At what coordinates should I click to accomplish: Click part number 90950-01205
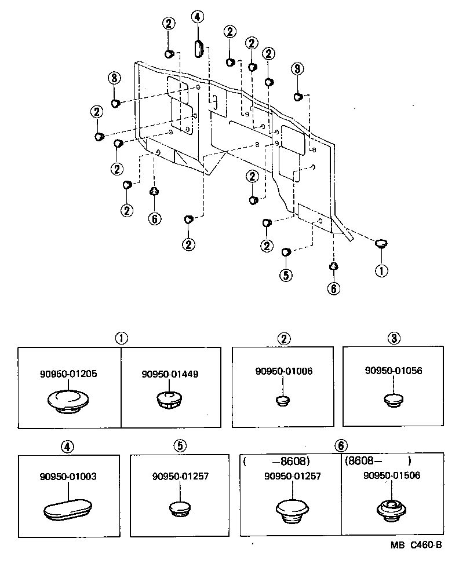coord(68,374)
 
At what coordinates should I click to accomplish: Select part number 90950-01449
coord(170,374)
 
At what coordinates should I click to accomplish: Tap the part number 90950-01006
coord(283,371)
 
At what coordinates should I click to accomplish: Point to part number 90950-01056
coord(394,371)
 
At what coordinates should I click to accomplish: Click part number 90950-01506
coord(392,475)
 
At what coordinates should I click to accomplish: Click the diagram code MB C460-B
coord(416,545)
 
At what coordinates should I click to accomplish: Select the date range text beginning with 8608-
coord(377,462)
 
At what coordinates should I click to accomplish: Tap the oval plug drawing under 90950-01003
coord(68,511)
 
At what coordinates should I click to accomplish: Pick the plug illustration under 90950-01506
coord(392,510)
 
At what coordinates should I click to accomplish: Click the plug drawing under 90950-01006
coord(283,400)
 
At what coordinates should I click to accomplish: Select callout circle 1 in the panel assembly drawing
coord(381,270)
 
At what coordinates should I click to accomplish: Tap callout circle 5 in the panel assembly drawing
coord(286,275)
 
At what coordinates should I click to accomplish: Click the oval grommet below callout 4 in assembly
coord(198,47)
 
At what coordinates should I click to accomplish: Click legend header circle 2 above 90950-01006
coord(283,338)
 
